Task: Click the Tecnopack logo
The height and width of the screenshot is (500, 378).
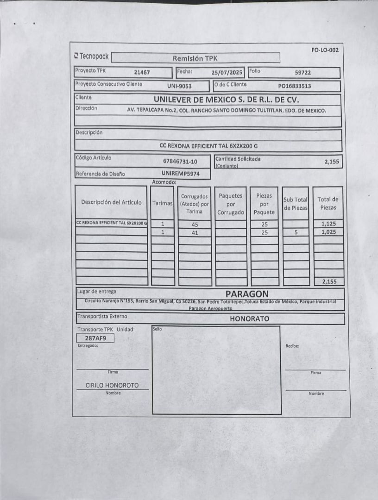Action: (x=91, y=56)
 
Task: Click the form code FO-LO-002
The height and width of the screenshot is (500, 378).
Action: (x=325, y=50)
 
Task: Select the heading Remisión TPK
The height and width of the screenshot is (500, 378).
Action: (x=195, y=58)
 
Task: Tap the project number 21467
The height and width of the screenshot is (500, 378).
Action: (x=142, y=72)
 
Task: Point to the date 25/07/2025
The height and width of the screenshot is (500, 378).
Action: (x=227, y=72)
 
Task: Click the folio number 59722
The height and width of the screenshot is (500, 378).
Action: (x=302, y=72)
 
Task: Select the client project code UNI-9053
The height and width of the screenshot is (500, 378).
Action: (x=179, y=86)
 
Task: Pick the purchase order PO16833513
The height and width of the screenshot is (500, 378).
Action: (x=294, y=86)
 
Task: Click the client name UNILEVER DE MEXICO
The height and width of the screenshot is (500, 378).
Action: (x=226, y=100)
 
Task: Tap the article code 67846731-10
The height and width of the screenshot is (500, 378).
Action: (x=180, y=161)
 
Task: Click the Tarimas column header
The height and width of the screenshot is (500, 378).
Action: (x=163, y=203)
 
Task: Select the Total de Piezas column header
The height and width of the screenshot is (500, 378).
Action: (x=328, y=203)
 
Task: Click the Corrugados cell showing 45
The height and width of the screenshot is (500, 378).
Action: (x=195, y=224)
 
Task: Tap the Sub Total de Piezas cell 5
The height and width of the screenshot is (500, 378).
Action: (x=296, y=232)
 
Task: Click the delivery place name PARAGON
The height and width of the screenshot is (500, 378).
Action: (x=247, y=294)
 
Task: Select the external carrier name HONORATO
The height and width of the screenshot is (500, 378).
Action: (x=249, y=319)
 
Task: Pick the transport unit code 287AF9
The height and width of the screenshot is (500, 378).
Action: (x=95, y=338)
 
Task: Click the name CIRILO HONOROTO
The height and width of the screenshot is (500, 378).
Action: (x=112, y=385)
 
